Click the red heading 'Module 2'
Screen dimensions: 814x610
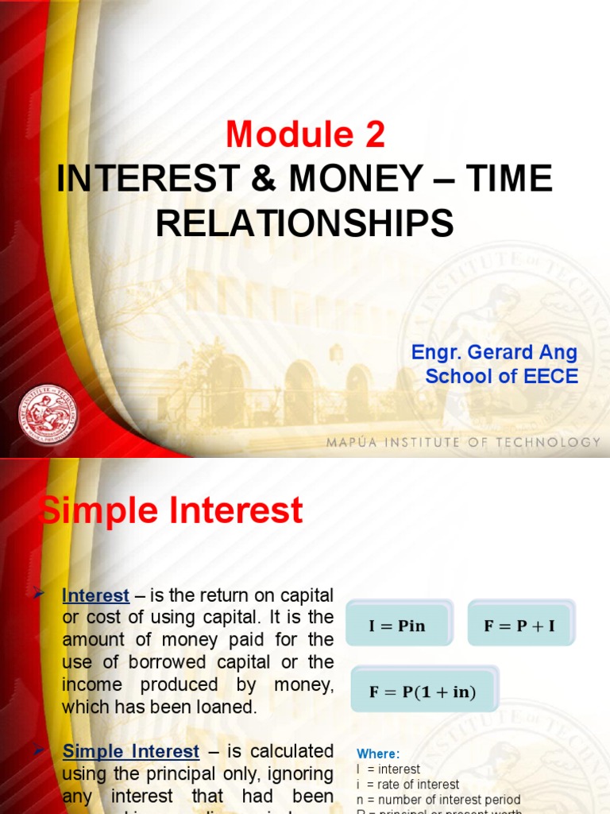click(305, 136)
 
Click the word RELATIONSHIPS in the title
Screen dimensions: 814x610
click(305, 223)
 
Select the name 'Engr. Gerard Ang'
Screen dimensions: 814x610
click(494, 352)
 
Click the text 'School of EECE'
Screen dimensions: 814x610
click(501, 376)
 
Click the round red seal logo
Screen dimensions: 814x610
click(48, 414)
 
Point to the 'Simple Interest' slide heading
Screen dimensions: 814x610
click(172, 510)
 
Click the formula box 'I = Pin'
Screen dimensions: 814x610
click(397, 626)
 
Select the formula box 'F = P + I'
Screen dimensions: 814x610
click(519, 626)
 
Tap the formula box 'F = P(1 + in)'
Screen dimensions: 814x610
click(423, 692)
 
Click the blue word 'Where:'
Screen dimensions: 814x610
click(379, 754)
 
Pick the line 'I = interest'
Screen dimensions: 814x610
click(389, 769)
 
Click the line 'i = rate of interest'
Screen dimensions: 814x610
click(408, 784)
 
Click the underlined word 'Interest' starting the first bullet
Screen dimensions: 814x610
click(95, 595)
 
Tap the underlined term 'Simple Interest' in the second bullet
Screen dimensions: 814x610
click(131, 751)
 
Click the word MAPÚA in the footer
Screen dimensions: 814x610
click(349, 442)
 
